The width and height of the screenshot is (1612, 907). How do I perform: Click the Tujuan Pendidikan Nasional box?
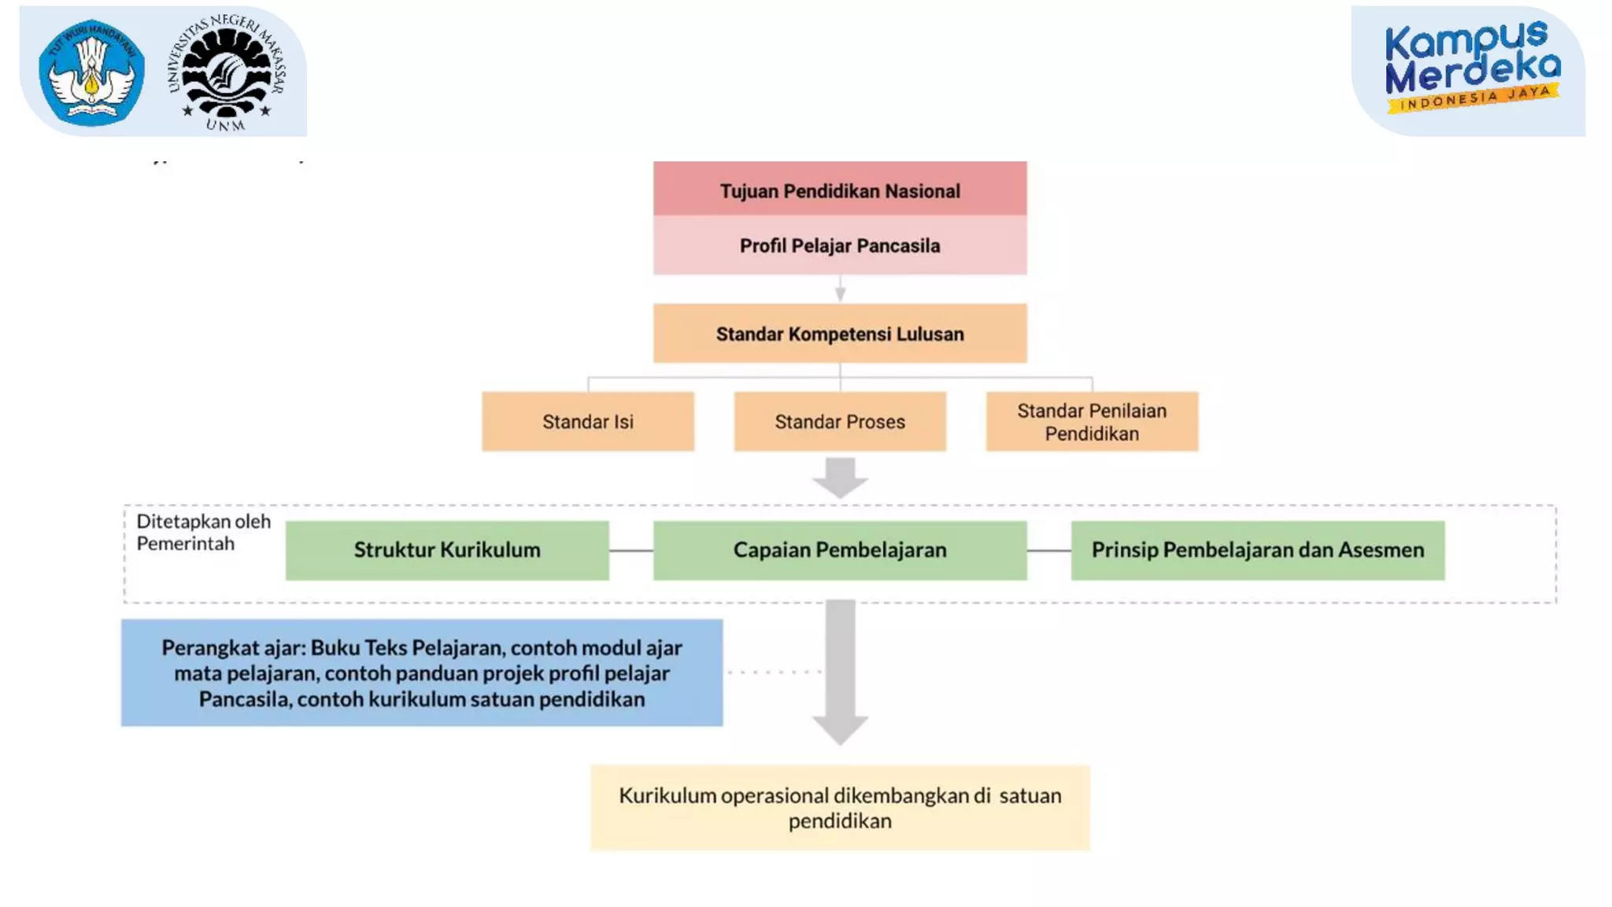839,190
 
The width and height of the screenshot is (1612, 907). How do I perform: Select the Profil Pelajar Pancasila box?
839,246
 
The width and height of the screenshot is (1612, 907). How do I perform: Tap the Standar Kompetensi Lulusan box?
839,334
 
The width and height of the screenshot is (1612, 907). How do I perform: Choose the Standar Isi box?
587,422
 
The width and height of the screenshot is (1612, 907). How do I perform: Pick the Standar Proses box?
839,422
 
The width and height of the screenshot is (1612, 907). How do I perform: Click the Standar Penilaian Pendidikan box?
1092,422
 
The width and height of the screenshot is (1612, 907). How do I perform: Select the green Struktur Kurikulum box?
446,550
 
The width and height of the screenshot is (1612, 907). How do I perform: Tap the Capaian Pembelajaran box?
839,550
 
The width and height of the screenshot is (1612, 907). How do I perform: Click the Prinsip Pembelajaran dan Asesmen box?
1257,550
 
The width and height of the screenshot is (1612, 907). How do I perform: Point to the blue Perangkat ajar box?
421,672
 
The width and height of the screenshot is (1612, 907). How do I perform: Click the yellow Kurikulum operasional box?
839,808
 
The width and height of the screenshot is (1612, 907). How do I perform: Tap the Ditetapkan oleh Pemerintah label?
203,532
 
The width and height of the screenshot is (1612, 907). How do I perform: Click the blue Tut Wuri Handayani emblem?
91,72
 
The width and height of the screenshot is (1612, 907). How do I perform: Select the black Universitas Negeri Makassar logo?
227,72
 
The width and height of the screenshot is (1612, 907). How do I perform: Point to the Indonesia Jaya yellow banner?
1473,99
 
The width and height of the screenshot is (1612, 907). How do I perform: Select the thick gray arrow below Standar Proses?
840,477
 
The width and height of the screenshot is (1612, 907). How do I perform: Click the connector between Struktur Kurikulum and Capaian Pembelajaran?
630,550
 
